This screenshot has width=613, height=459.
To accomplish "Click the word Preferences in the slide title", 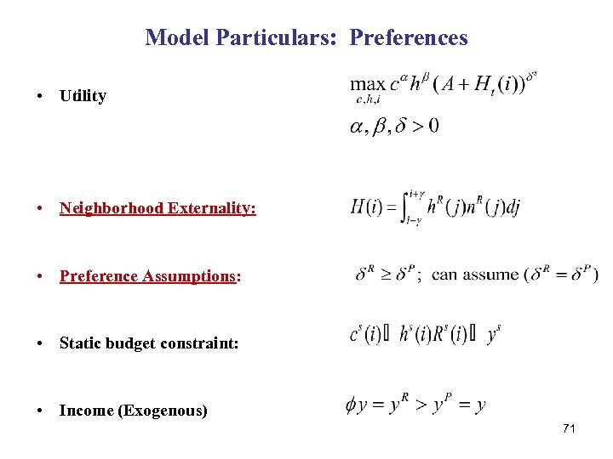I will tap(409, 37).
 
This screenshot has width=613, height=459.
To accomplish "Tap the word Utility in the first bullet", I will tap(83, 96).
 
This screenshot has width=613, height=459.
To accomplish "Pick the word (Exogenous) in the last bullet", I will tap(163, 411).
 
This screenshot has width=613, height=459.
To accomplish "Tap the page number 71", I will tap(569, 428).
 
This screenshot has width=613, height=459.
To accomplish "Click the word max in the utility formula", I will tap(368, 84).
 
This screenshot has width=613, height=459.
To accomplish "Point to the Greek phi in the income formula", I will tap(351, 405).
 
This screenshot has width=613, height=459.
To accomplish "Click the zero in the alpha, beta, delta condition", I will tap(433, 127).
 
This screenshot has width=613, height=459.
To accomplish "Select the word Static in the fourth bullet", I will tap(80, 343).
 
